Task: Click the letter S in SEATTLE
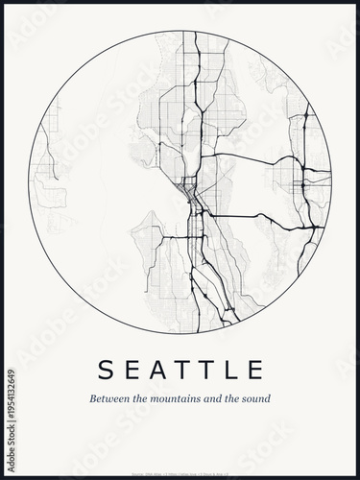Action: (105, 369)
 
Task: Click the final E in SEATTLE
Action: (255, 369)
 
